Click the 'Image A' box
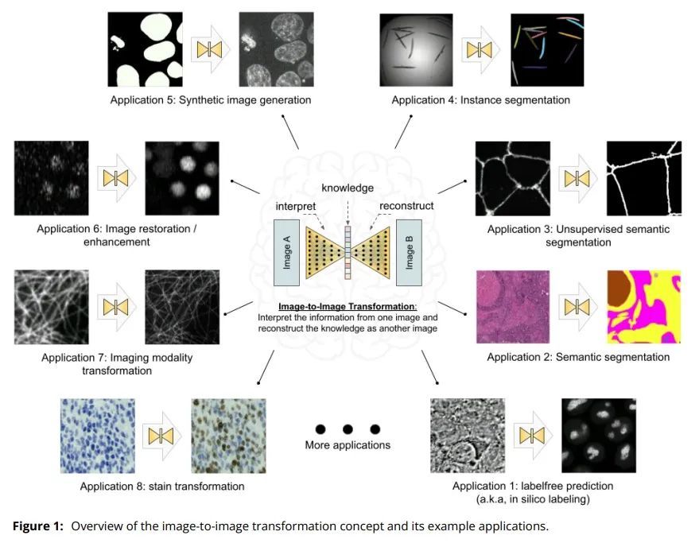tap(286, 252)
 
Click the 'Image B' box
tap(409, 252)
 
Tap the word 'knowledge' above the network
tap(348, 188)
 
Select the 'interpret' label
tap(296, 207)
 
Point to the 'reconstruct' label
tap(406, 206)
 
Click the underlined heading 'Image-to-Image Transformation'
tap(347, 306)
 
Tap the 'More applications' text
tap(348, 445)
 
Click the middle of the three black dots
tap(348, 429)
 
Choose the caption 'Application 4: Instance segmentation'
tap(481, 100)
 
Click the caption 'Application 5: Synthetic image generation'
tap(211, 100)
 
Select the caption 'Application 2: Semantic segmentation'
tap(578, 357)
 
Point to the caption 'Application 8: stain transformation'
tap(162, 487)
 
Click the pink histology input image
tap(513, 307)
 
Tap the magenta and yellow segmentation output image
tap(644, 307)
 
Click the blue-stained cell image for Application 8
tap(98, 436)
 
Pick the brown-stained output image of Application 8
tap(229, 436)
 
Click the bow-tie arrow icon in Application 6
tap(116, 178)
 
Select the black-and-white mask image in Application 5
tap(146, 49)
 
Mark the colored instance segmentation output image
tap(547, 50)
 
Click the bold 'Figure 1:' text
tap(38, 526)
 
